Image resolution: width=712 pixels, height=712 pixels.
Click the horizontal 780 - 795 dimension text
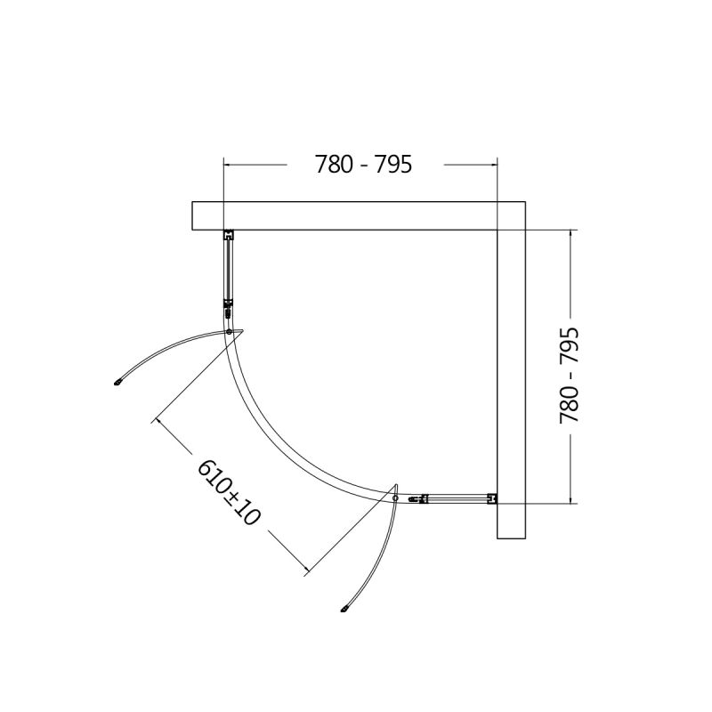tap(363, 165)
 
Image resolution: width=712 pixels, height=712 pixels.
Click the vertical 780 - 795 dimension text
tap(569, 374)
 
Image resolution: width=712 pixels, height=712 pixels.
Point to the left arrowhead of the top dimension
tap(226, 165)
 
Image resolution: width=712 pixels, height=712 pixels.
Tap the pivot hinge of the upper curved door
tap(230, 332)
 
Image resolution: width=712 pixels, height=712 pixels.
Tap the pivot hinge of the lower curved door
tap(395, 499)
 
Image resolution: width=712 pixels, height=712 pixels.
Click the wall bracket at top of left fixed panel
tap(228, 236)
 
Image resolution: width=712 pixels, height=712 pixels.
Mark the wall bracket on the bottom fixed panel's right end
tap(490, 499)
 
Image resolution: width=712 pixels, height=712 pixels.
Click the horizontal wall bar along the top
tap(356, 215)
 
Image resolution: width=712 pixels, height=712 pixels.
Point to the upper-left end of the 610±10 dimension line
tap(156, 417)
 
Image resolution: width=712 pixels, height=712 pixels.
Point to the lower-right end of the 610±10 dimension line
tap(308, 570)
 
